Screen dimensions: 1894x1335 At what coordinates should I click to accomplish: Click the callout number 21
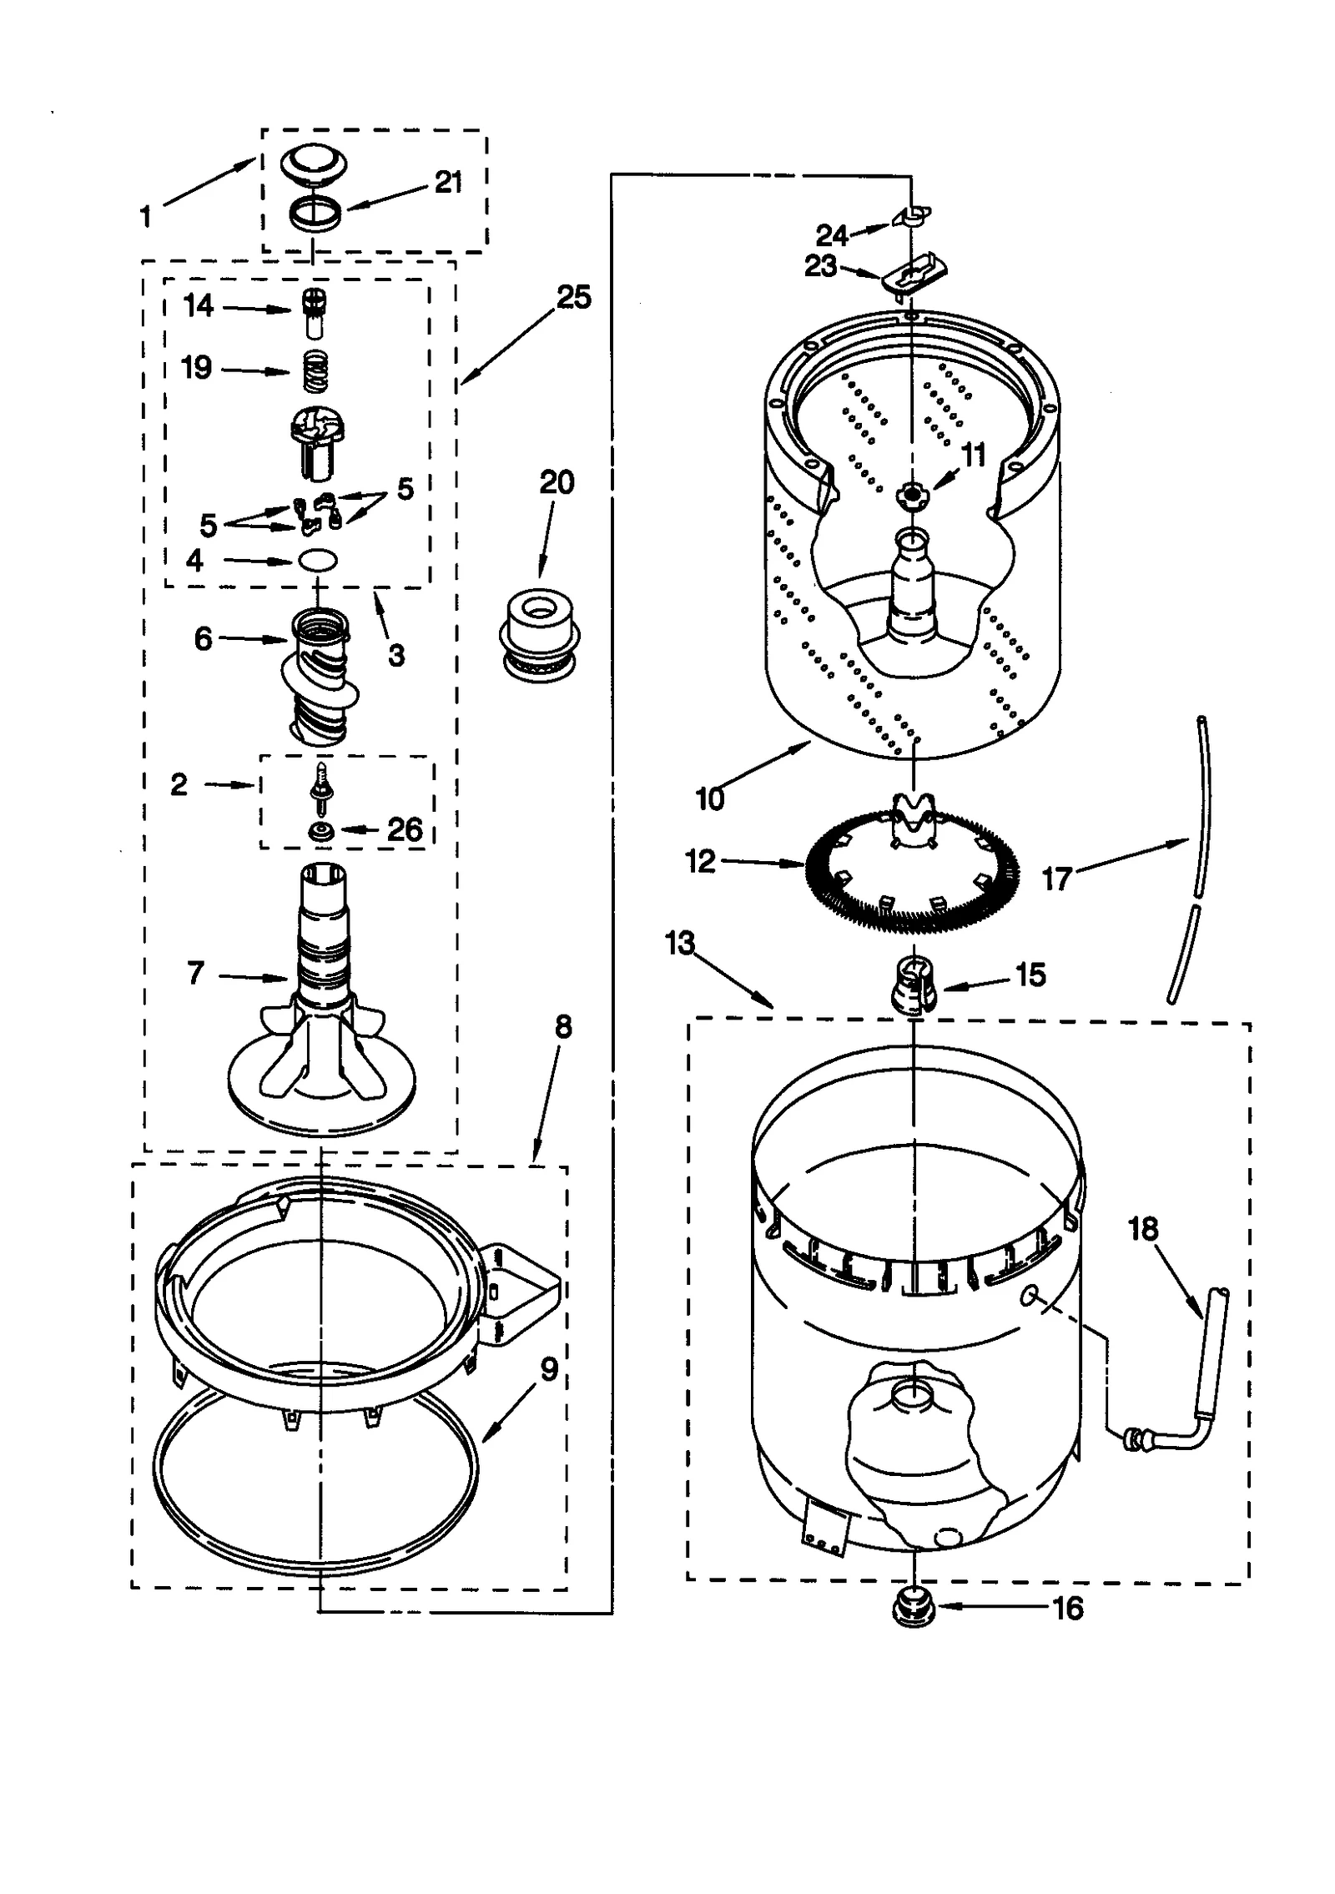click(448, 183)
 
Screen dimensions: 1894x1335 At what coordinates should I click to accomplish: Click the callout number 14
click(199, 306)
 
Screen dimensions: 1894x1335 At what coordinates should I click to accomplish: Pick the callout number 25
click(573, 297)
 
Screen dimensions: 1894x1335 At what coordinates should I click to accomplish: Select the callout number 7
click(195, 972)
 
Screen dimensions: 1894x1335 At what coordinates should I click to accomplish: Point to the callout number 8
click(563, 1027)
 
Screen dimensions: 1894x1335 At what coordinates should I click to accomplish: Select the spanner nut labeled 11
click(912, 496)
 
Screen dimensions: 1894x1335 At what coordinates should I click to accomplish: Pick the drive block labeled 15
click(915, 985)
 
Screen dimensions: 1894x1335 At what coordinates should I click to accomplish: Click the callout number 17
click(1056, 879)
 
